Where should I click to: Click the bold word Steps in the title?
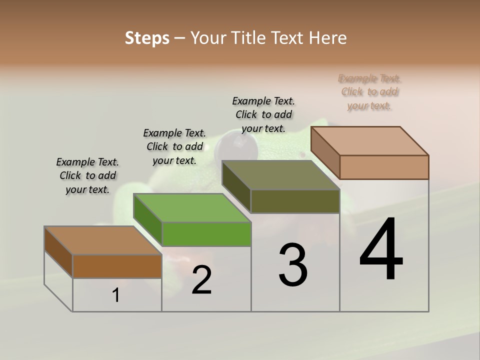click(147, 38)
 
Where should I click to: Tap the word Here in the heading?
click(328, 38)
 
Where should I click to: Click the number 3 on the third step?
click(293, 265)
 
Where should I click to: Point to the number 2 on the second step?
click(201, 280)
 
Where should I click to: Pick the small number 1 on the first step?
click(116, 295)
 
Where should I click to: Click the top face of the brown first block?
click(102, 240)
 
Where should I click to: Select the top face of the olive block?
click(280, 175)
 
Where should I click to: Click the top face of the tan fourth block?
click(369, 141)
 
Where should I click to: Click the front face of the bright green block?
click(206, 234)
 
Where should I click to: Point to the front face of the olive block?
click(295, 201)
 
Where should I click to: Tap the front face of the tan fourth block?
click(384, 167)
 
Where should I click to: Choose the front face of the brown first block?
click(117, 266)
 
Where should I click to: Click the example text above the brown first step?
click(87, 175)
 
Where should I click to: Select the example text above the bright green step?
click(174, 146)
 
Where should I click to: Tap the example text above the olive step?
click(263, 114)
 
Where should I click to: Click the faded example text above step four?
click(369, 92)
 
